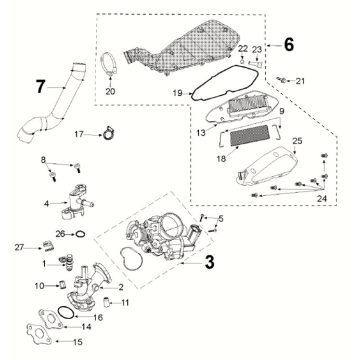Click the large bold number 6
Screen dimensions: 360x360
(x=289, y=45)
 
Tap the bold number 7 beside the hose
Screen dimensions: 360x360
(x=40, y=87)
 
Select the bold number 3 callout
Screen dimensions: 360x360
(x=209, y=263)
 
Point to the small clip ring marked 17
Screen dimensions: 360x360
(x=108, y=133)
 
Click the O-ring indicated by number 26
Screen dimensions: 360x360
(x=80, y=234)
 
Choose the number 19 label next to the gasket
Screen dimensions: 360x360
(x=178, y=93)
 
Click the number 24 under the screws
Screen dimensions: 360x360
(x=322, y=199)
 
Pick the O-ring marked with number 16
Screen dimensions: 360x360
(x=66, y=313)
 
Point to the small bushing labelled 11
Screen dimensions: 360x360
(x=105, y=302)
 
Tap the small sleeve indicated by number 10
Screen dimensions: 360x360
(x=62, y=285)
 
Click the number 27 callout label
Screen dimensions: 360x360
(x=19, y=247)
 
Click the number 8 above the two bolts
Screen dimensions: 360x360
(x=43, y=160)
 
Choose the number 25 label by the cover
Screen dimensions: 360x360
(x=297, y=141)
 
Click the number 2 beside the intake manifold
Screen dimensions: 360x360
(x=121, y=287)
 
